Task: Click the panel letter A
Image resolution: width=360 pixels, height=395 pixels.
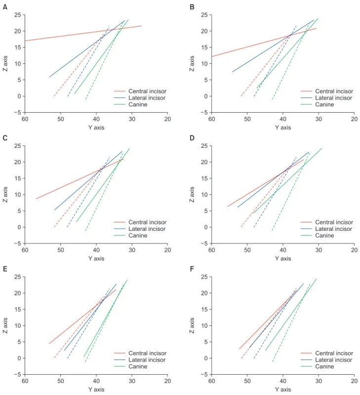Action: pos(5,7)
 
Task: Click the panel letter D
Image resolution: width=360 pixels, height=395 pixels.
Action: pos(192,138)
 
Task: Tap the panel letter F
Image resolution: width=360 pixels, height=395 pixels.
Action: pos(192,269)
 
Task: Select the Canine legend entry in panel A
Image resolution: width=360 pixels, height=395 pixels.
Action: pos(138,104)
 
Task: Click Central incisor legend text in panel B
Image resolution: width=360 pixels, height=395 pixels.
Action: pos(334,91)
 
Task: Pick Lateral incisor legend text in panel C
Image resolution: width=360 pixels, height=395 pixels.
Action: pos(147,229)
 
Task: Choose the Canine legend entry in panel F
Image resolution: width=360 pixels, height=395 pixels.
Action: pos(324,366)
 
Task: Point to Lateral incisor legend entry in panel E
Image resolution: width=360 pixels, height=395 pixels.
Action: pos(147,360)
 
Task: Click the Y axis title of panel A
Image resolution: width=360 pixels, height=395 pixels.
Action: pos(96,128)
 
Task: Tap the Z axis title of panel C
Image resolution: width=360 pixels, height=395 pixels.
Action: pos(5,194)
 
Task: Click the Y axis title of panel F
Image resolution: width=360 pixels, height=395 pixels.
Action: pos(283,390)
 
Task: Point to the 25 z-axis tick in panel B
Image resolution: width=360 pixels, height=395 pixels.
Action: pos(204,15)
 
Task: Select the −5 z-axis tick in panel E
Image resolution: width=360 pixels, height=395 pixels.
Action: pos(18,375)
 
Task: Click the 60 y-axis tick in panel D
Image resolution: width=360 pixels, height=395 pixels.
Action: pos(211,250)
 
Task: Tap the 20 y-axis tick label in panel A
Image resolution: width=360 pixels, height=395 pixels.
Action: pos(167,119)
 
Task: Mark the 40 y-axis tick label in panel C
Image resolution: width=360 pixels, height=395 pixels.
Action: pos(96,250)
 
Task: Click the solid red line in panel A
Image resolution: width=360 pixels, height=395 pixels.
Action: pos(83,33)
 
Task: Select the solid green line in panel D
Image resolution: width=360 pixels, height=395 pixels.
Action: pos(287,181)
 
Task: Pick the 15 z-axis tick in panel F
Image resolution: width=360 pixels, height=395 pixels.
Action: pos(204,309)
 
